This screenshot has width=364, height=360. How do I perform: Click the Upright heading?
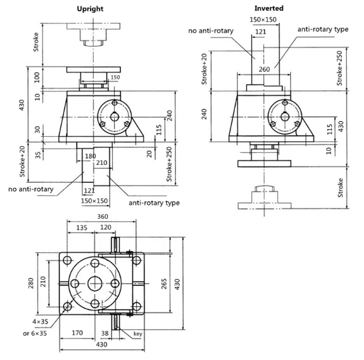(x=90, y=9)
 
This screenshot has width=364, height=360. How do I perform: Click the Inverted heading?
(x=269, y=8)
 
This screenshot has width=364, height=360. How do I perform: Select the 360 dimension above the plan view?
(x=102, y=216)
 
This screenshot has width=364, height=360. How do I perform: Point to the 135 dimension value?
(x=82, y=228)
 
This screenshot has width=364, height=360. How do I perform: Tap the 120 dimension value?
(x=106, y=227)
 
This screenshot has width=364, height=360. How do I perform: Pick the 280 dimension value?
(x=31, y=283)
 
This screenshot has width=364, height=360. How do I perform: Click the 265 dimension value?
(x=164, y=284)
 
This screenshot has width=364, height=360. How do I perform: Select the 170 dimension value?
(x=77, y=333)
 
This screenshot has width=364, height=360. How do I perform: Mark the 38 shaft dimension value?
(x=105, y=333)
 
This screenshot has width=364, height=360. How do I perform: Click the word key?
(x=137, y=334)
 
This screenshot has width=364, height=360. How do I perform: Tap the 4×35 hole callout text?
(x=40, y=321)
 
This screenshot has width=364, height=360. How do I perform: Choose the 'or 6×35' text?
(x=35, y=333)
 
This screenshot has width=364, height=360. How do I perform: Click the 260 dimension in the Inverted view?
(x=264, y=69)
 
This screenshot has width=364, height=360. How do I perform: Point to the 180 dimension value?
(x=91, y=156)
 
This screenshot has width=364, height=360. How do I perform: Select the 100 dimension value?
(x=37, y=77)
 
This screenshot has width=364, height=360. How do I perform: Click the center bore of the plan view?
(x=95, y=284)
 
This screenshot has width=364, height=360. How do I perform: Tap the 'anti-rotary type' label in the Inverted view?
(x=323, y=30)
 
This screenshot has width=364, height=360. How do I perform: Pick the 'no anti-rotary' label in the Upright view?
(x=31, y=189)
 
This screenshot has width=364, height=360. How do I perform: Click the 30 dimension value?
(x=37, y=130)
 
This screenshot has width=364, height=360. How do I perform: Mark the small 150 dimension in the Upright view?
(x=115, y=77)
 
